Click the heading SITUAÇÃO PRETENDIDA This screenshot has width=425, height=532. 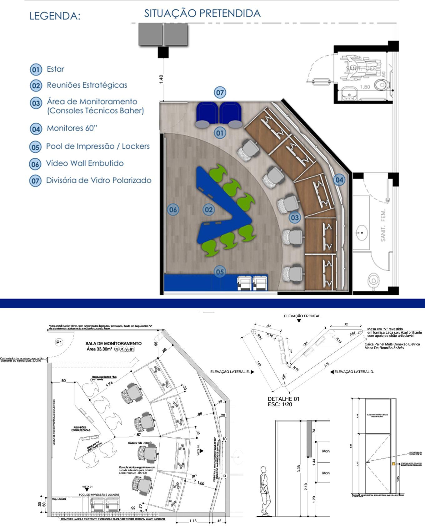tap(202, 13)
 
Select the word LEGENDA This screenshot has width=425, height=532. tap(55, 16)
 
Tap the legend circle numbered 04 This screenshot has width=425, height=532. tap(36, 129)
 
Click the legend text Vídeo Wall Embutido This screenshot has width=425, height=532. tap(85, 163)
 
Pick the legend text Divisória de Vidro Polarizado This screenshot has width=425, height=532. tap(99, 181)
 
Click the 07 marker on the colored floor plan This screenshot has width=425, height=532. tap(220, 92)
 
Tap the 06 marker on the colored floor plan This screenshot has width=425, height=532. tap(173, 209)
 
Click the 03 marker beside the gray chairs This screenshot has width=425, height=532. tap(294, 217)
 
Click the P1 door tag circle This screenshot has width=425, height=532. tap(59, 343)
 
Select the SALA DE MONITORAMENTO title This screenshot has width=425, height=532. tap(113, 344)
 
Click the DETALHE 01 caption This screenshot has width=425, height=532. tap(283, 399)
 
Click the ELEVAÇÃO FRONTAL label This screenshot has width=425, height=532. tap(302, 316)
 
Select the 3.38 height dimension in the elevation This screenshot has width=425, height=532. tap(299, 468)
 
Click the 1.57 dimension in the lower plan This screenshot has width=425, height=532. tap(137, 435)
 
